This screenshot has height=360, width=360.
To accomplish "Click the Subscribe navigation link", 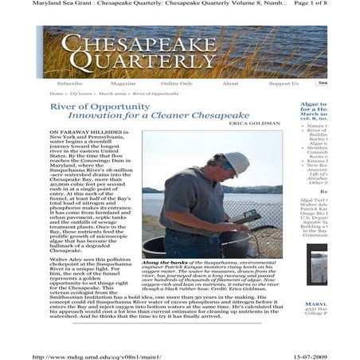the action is click(x=69, y=83).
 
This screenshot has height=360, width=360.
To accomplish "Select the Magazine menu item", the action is click(x=123, y=83).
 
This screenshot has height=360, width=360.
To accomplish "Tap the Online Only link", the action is click(x=176, y=83).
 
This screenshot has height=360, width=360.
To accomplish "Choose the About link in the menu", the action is click(x=230, y=83).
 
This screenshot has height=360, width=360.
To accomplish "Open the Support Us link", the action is click(x=284, y=83).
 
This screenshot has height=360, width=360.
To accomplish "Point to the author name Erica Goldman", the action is click(x=256, y=124).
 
